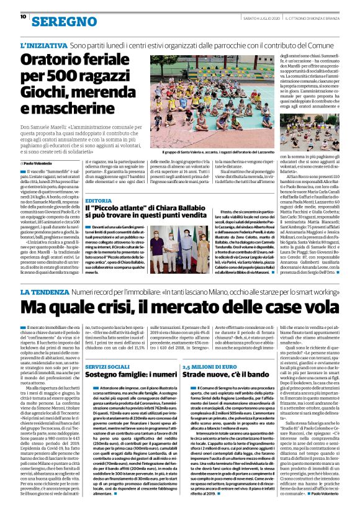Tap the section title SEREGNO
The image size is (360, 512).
(59, 20)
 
